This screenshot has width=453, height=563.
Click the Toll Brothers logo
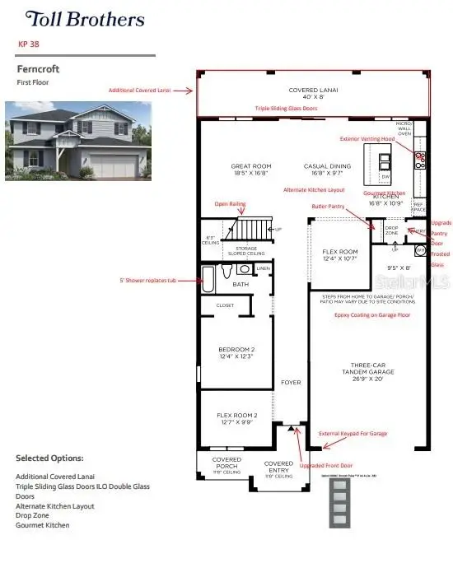84,19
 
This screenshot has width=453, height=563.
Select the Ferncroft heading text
38,70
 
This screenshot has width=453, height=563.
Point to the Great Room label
251,170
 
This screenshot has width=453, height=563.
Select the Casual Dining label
327,170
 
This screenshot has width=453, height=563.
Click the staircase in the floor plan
250,226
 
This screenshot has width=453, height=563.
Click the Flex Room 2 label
236,419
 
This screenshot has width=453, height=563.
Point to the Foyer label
290,382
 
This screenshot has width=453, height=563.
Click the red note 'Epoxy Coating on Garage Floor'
369,314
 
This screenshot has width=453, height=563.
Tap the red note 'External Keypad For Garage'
353,433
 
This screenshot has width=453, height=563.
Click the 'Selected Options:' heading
49,458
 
